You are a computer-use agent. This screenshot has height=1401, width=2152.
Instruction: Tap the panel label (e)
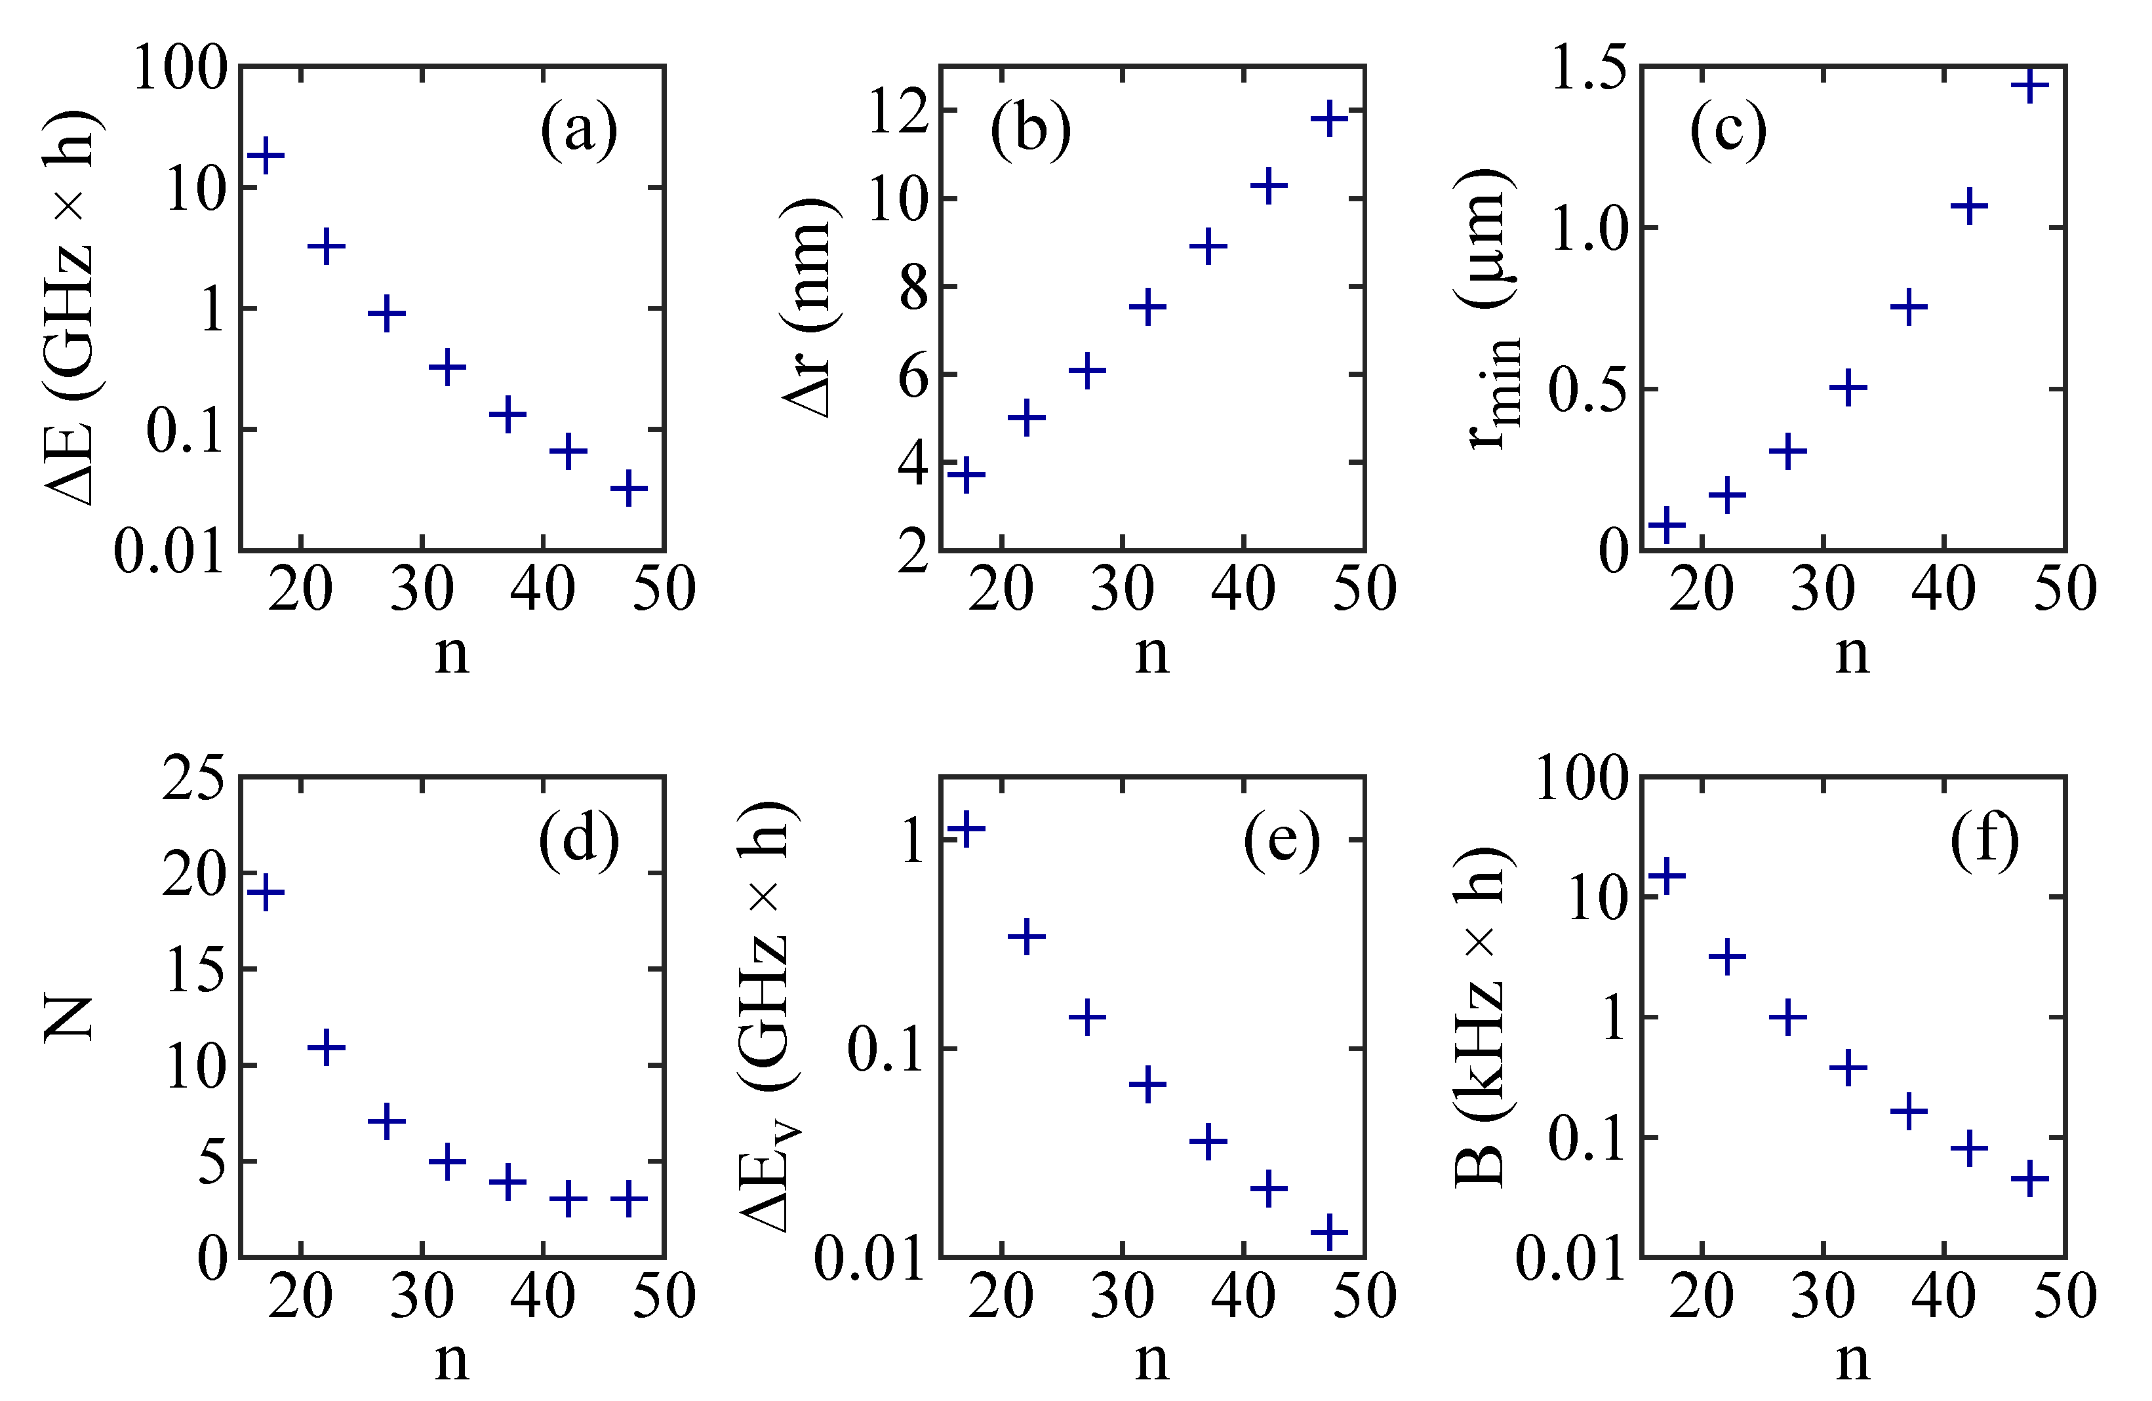coord(1281,840)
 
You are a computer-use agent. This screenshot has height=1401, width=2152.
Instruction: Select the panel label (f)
coord(1984,840)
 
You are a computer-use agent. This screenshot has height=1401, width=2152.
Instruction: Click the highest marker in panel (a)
coord(266,155)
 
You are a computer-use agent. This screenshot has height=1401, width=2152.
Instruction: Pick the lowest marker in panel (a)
coord(628,489)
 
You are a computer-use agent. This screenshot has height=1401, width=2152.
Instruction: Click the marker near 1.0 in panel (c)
coord(1968,207)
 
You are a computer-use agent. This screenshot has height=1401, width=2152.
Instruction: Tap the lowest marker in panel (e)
coord(1329,1231)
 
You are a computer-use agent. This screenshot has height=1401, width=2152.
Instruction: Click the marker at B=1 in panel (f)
coord(1787,1017)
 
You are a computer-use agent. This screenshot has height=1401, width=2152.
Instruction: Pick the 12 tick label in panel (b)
coord(899,112)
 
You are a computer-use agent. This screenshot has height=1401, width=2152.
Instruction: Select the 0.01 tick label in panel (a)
coord(168,549)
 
